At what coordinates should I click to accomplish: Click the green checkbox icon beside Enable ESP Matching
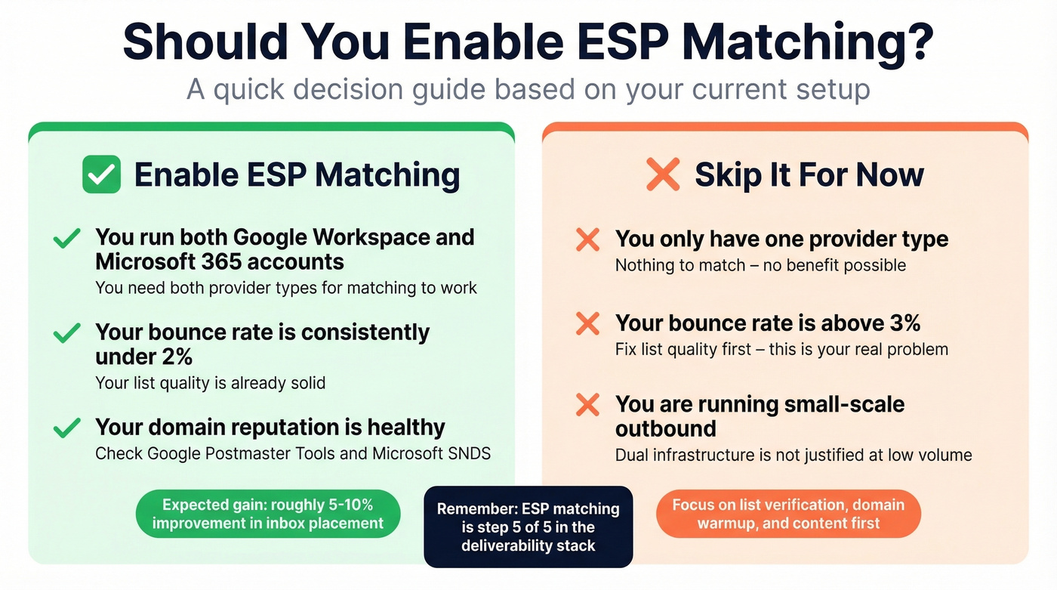[101, 175]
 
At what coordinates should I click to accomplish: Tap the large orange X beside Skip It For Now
[663, 175]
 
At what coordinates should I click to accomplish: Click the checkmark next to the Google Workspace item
[67, 239]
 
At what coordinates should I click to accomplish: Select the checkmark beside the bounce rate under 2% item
[67, 333]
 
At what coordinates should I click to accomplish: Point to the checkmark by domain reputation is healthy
[67, 428]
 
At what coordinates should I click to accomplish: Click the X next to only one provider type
[587, 240]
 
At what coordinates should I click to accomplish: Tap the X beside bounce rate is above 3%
[587, 324]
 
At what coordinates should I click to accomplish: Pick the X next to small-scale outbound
[587, 405]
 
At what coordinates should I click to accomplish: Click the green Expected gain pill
[268, 514]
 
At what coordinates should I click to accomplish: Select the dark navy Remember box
[528, 527]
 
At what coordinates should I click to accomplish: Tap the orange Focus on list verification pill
[788, 514]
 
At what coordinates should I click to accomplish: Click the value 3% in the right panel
[901, 323]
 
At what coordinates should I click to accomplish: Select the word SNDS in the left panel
[469, 453]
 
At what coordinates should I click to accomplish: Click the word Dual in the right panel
[633, 455]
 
